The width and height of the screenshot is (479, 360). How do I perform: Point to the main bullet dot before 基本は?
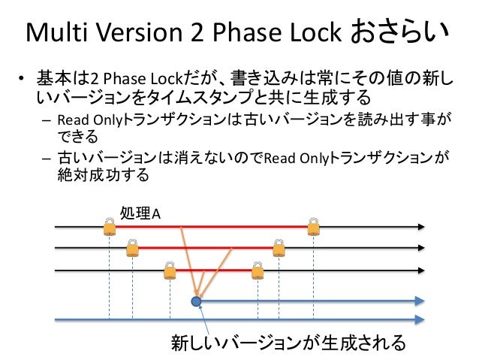click(23, 77)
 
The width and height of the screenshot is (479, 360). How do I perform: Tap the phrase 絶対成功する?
click(98, 177)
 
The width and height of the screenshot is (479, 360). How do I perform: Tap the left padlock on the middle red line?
click(132, 247)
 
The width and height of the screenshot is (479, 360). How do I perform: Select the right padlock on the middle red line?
click(279, 247)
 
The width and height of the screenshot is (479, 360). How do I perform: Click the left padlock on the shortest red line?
click(170, 269)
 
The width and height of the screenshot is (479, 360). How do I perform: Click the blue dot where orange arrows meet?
click(197, 301)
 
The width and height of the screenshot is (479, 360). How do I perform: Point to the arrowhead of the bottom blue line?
click(421, 320)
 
